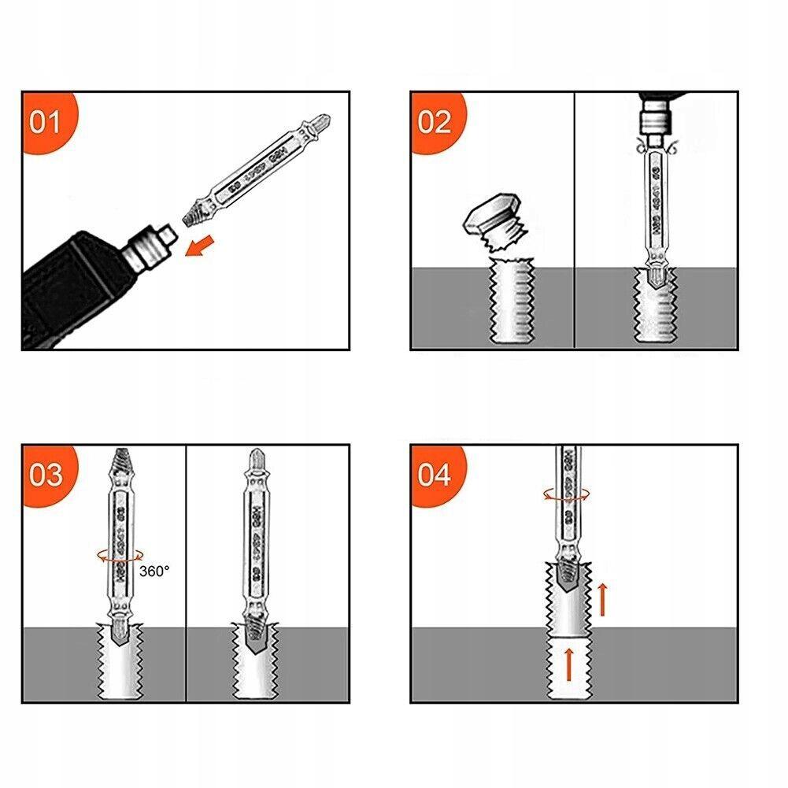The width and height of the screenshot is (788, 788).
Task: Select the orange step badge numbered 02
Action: click(x=435, y=122)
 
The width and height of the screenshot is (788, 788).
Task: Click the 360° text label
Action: click(x=154, y=572)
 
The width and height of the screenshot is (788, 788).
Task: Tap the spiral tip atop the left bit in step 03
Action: click(x=120, y=458)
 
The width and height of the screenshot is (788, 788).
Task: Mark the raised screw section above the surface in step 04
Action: click(x=568, y=598)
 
